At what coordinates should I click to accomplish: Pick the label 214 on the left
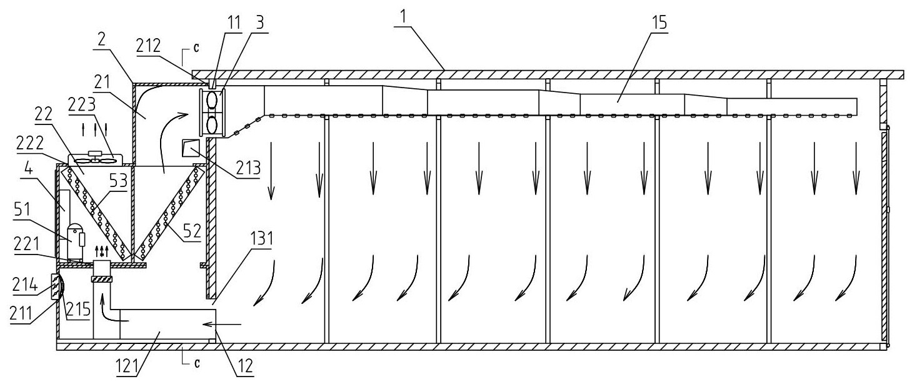[26, 284]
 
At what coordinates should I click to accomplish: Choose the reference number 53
[118, 180]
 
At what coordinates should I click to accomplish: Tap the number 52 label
[192, 231]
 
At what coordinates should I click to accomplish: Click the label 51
[23, 210]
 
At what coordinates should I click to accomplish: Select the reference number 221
[26, 245]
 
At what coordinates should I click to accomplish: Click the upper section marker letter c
[196, 48]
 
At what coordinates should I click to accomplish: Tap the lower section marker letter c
[197, 363]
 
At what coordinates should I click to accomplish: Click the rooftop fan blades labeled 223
[96, 160]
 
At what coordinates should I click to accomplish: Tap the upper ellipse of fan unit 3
[212, 100]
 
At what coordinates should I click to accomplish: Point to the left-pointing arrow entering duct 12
[223, 324]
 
